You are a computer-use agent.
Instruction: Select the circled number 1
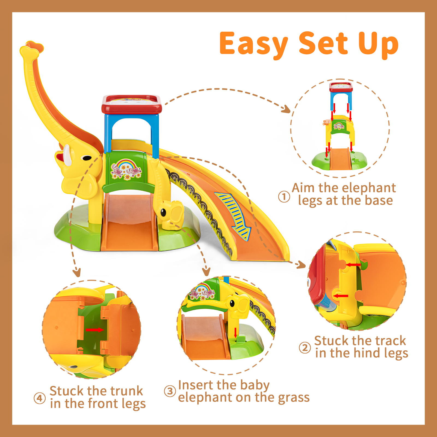coord(284,197)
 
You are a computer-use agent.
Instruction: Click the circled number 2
coord(305,348)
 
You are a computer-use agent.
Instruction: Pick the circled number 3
coord(170,391)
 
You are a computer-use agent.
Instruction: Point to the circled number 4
coord(40,398)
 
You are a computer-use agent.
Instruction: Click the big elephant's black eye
coord(87,158)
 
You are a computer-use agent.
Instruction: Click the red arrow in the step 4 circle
coord(95,330)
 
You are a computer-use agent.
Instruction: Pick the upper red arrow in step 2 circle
coord(353,265)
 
